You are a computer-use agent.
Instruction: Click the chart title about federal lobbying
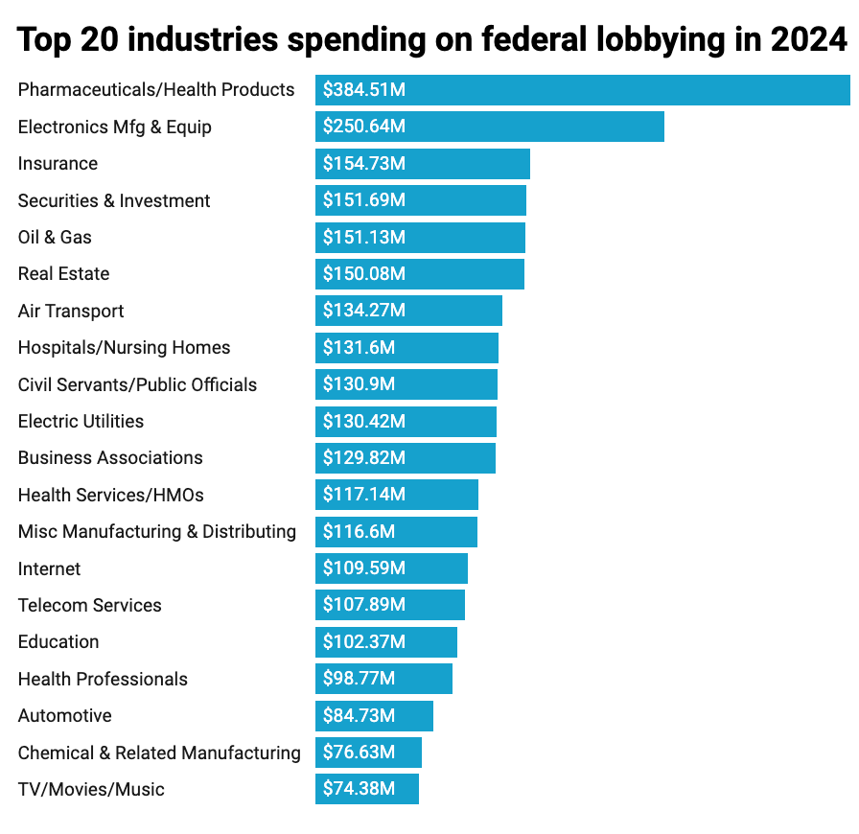pyautogui.click(x=432, y=40)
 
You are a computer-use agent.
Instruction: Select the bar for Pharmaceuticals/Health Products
pyautogui.click(x=582, y=90)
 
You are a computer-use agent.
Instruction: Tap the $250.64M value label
pyautogui.click(x=364, y=127)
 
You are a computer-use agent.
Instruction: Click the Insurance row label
pyautogui.click(x=58, y=164)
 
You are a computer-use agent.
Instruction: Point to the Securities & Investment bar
pyautogui.click(x=421, y=200)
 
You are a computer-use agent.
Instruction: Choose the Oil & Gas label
pyautogui.click(x=55, y=237)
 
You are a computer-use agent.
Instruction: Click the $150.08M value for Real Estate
pyautogui.click(x=364, y=274)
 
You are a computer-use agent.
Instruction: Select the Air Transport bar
pyautogui.click(x=408, y=311)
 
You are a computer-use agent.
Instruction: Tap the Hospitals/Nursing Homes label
pyautogui.click(x=124, y=347)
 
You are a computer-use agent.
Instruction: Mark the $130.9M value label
pyautogui.click(x=360, y=384)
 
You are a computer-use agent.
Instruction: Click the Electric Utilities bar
pyautogui.click(x=406, y=421)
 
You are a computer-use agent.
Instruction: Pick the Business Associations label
pyautogui.click(x=110, y=457)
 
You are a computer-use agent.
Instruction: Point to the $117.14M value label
pyautogui.click(x=364, y=495)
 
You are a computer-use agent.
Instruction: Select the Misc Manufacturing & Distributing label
pyautogui.click(x=157, y=531)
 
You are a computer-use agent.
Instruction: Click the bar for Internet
pyautogui.click(x=391, y=568)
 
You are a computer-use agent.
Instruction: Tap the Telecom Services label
pyautogui.click(x=90, y=605)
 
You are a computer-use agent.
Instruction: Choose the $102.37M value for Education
pyautogui.click(x=364, y=641)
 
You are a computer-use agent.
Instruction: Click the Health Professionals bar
pyautogui.click(x=383, y=679)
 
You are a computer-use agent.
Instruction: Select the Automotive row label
pyautogui.click(x=64, y=715)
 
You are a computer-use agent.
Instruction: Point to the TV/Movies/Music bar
pyautogui.click(x=367, y=789)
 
